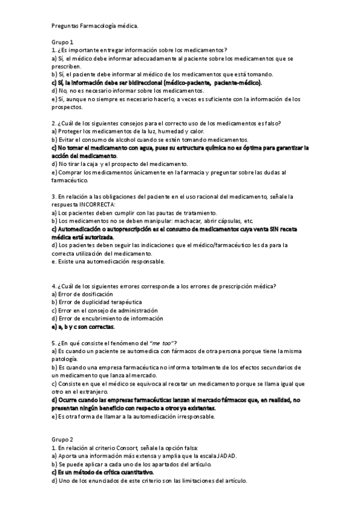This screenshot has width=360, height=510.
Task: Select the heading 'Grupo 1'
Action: point(63,42)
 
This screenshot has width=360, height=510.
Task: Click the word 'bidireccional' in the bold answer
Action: point(147,82)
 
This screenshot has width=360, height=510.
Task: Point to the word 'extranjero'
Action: point(84,392)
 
